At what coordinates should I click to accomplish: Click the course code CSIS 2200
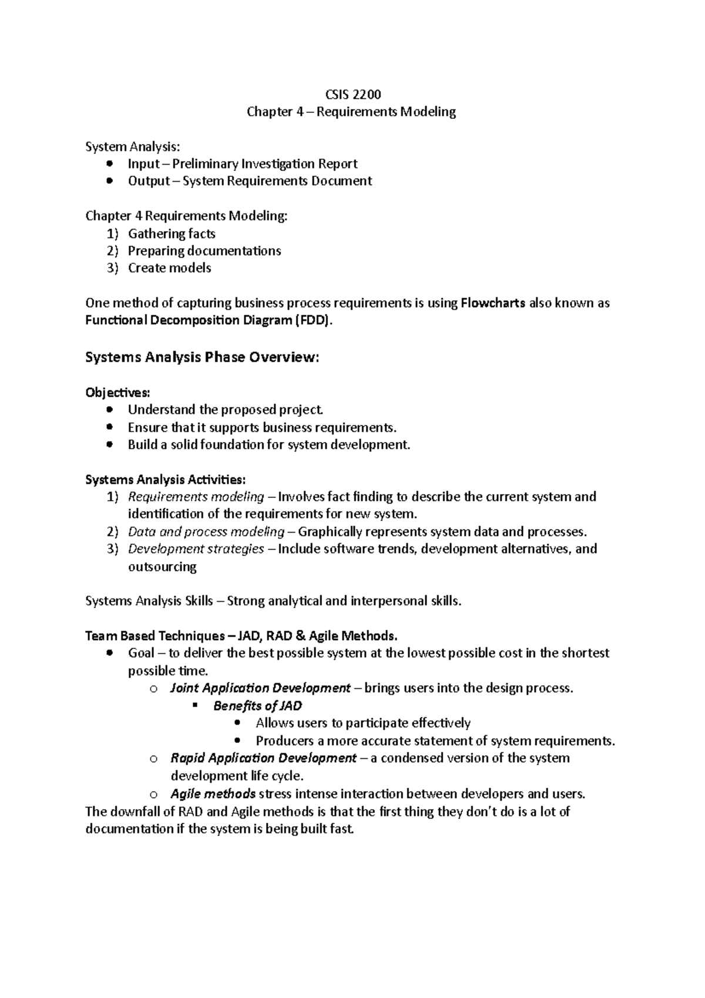(x=352, y=94)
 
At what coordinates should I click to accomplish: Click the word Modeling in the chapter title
(x=428, y=112)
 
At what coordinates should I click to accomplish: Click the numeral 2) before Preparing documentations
(x=112, y=251)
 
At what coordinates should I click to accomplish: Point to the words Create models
(x=169, y=268)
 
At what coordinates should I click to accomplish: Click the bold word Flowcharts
(x=493, y=303)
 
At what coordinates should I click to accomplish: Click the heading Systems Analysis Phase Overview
(x=202, y=357)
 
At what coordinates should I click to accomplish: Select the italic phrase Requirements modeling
(x=196, y=497)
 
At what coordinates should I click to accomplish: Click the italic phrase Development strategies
(x=196, y=549)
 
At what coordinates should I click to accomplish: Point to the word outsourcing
(x=162, y=567)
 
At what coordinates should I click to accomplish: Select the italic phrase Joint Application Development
(x=260, y=688)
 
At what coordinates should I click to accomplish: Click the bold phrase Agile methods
(x=213, y=794)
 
